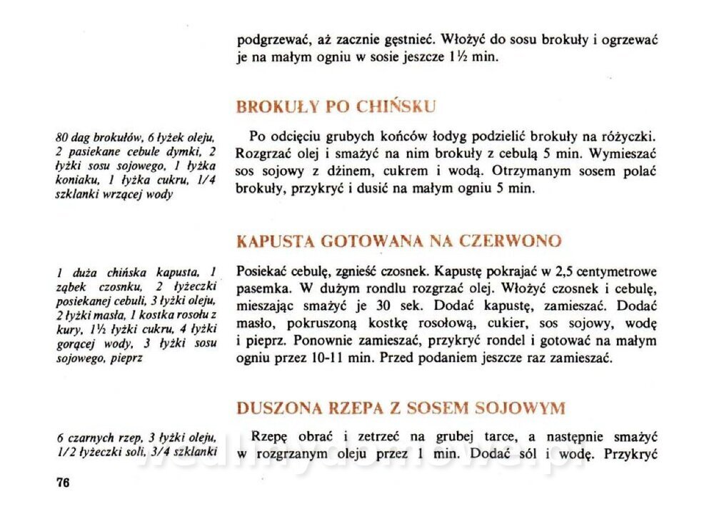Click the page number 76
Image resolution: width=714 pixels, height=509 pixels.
(x=63, y=483)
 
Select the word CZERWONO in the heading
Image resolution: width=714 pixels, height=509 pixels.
(x=514, y=241)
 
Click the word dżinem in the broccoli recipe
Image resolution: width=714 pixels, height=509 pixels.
(x=363, y=171)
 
